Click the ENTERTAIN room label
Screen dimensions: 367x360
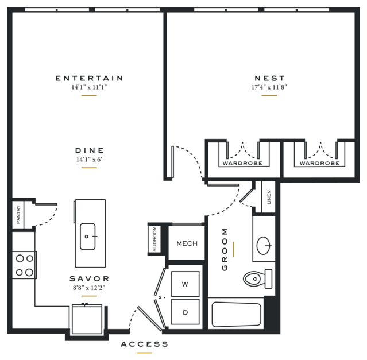(x=89, y=78)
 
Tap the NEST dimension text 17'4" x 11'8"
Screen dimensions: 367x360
(x=269, y=87)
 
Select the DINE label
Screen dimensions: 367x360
(x=90, y=150)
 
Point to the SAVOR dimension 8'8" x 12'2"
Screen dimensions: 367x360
(x=89, y=288)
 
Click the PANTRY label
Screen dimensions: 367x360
(x=18, y=215)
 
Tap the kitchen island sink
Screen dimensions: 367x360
(x=88, y=237)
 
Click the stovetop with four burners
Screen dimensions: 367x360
(x=24, y=265)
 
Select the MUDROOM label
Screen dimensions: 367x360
(x=154, y=239)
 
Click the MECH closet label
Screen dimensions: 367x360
(x=187, y=243)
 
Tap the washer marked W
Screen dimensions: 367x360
(x=185, y=284)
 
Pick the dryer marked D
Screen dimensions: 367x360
(x=185, y=312)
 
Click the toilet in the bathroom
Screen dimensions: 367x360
(x=257, y=279)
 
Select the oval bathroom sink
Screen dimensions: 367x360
(x=264, y=246)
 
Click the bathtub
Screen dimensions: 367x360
(x=236, y=314)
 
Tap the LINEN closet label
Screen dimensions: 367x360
(x=269, y=197)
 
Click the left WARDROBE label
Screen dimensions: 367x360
(x=242, y=163)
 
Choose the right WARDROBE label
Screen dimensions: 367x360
(x=319, y=163)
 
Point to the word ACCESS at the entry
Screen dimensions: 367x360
(x=144, y=344)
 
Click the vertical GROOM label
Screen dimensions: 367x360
(x=225, y=250)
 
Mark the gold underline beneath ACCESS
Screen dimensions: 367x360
(x=144, y=353)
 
